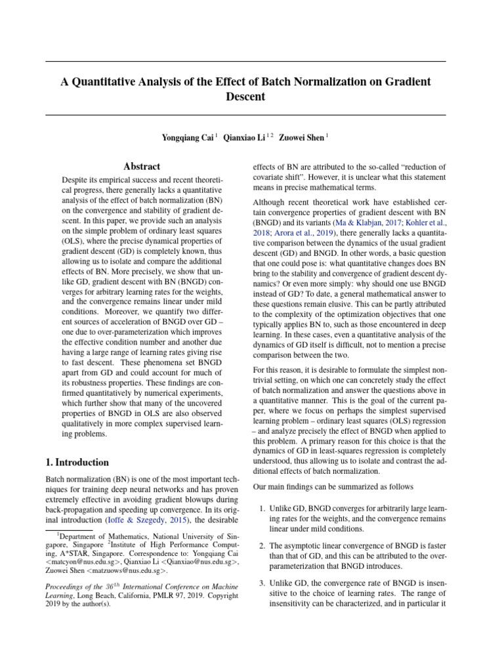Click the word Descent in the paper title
(245, 97)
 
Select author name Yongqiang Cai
(188, 138)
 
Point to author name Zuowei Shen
(301, 138)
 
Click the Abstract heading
(142, 167)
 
